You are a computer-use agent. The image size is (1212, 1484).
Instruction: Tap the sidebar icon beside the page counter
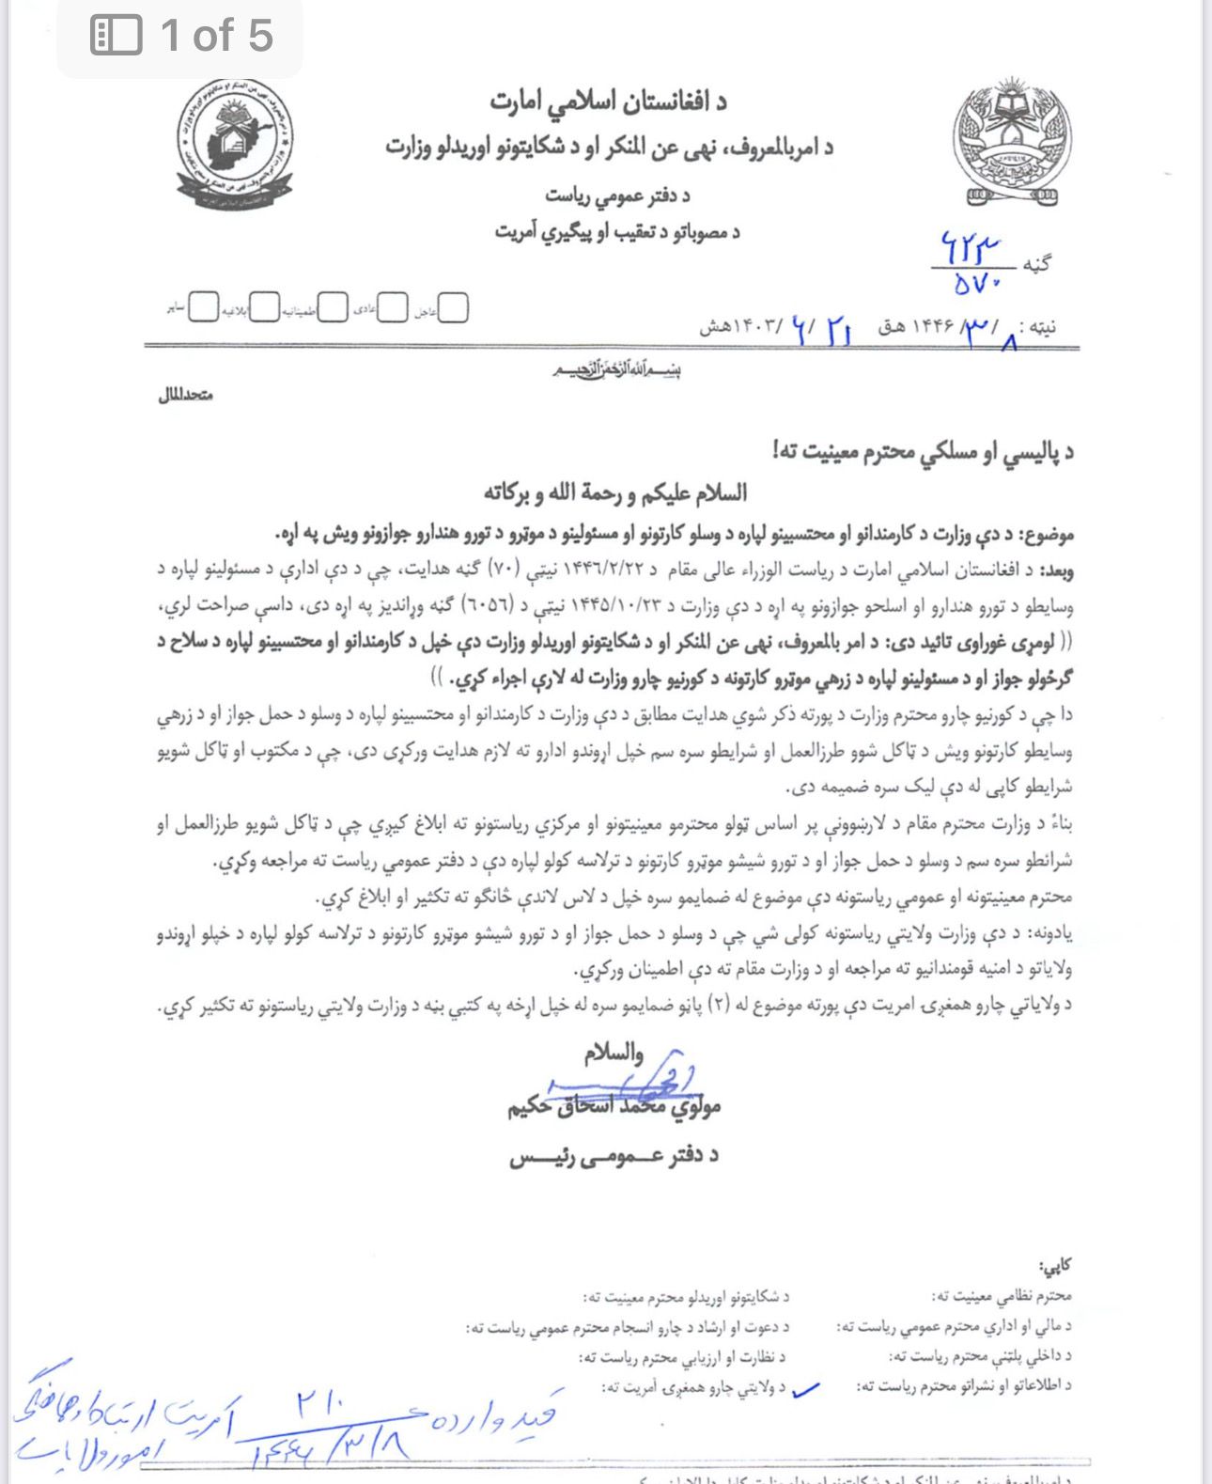pos(116,36)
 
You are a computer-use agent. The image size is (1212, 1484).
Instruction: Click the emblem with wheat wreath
pos(1013,141)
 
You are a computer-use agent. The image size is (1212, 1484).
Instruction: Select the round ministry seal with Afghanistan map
pos(234,144)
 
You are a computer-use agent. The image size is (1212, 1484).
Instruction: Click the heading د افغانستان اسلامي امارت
pos(608,101)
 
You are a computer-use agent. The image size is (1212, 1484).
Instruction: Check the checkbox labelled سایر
pos(203,307)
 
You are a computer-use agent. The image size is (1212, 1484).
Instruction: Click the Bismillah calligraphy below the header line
pos(615,370)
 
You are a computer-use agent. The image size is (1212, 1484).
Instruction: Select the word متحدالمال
pos(186,396)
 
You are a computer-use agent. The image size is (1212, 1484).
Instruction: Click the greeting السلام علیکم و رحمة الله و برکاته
pos(615,492)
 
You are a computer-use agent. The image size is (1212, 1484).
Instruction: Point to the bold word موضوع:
pos(1049,535)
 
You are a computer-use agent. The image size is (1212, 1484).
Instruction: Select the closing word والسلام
pos(614,1054)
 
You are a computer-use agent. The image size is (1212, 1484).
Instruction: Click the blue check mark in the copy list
pos(805,1389)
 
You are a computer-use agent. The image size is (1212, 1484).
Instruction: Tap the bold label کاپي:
pos(1054,1266)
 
